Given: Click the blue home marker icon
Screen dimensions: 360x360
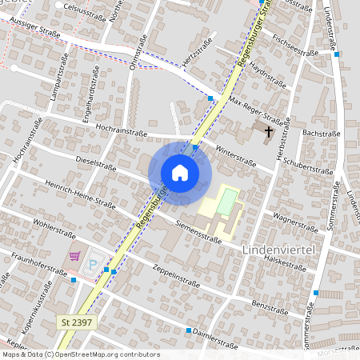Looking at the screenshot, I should pos(180,173).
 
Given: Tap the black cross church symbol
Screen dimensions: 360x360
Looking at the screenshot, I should pos(268,130).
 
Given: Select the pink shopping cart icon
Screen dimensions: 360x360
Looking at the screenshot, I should pos(75,256).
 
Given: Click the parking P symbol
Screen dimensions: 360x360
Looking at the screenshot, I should pos(94,263).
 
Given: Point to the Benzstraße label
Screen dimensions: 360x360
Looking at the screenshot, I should pos(269,306).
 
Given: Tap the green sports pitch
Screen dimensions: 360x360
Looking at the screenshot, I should pos(228,201).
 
